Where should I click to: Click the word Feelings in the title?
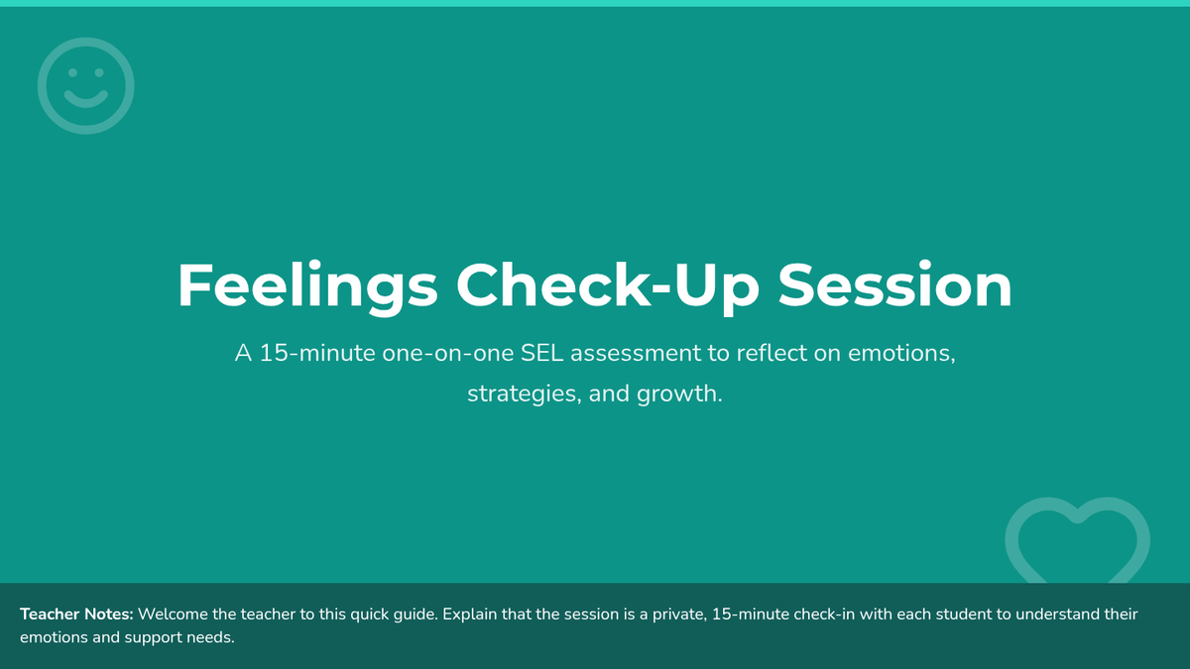coord(307,286)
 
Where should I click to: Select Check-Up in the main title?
coord(608,286)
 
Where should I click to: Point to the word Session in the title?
coord(895,285)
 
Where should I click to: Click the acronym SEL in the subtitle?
coord(541,353)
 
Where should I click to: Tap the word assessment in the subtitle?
coord(636,354)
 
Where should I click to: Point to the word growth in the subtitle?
coord(679,394)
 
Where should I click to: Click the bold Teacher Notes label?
coord(76,614)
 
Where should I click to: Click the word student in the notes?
coord(963,614)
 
